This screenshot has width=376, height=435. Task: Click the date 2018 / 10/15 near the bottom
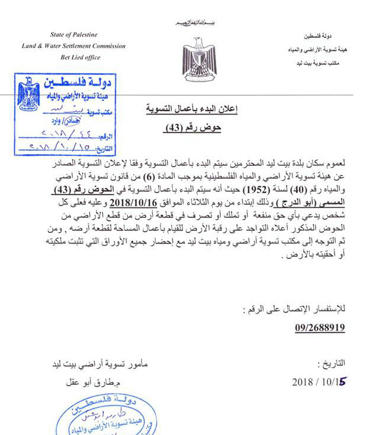click(x=319, y=382)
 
